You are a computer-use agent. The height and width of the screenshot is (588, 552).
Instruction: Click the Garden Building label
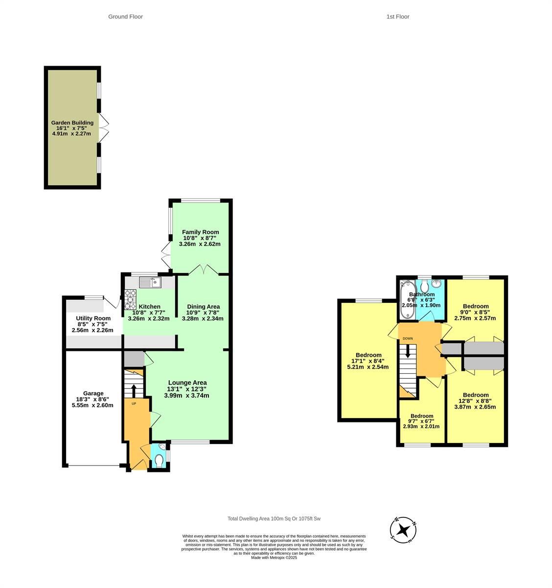click(72, 122)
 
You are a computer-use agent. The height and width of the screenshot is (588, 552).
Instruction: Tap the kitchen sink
click(150, 282)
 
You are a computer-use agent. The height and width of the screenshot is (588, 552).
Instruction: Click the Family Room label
click(200, 232)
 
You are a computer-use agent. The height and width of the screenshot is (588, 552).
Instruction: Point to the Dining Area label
click(203, 307)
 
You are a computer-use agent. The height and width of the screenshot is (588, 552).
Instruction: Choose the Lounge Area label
click(187, 383)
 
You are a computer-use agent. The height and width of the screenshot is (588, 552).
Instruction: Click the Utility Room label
click(93, 318)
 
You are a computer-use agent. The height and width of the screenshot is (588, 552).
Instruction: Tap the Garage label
click(93, 393)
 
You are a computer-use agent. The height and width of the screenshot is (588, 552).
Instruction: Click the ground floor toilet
click(159, 459)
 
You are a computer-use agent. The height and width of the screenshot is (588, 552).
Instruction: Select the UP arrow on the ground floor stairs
click(134, 390)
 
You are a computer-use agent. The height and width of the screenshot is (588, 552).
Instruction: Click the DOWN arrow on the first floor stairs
click(407, 351)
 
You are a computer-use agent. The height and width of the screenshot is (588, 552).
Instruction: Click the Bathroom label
click(421, 294)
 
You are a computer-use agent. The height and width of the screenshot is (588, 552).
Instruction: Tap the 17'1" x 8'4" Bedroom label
click(368, 355)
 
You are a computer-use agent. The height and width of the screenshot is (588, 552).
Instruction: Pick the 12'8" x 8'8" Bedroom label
click(475, 395)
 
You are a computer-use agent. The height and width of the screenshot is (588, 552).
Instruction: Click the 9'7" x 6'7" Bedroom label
click(421, 416)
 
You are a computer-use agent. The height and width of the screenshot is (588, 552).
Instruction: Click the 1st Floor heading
click(397, 17)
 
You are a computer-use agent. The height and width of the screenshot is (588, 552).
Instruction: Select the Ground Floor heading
click(125, 17)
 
